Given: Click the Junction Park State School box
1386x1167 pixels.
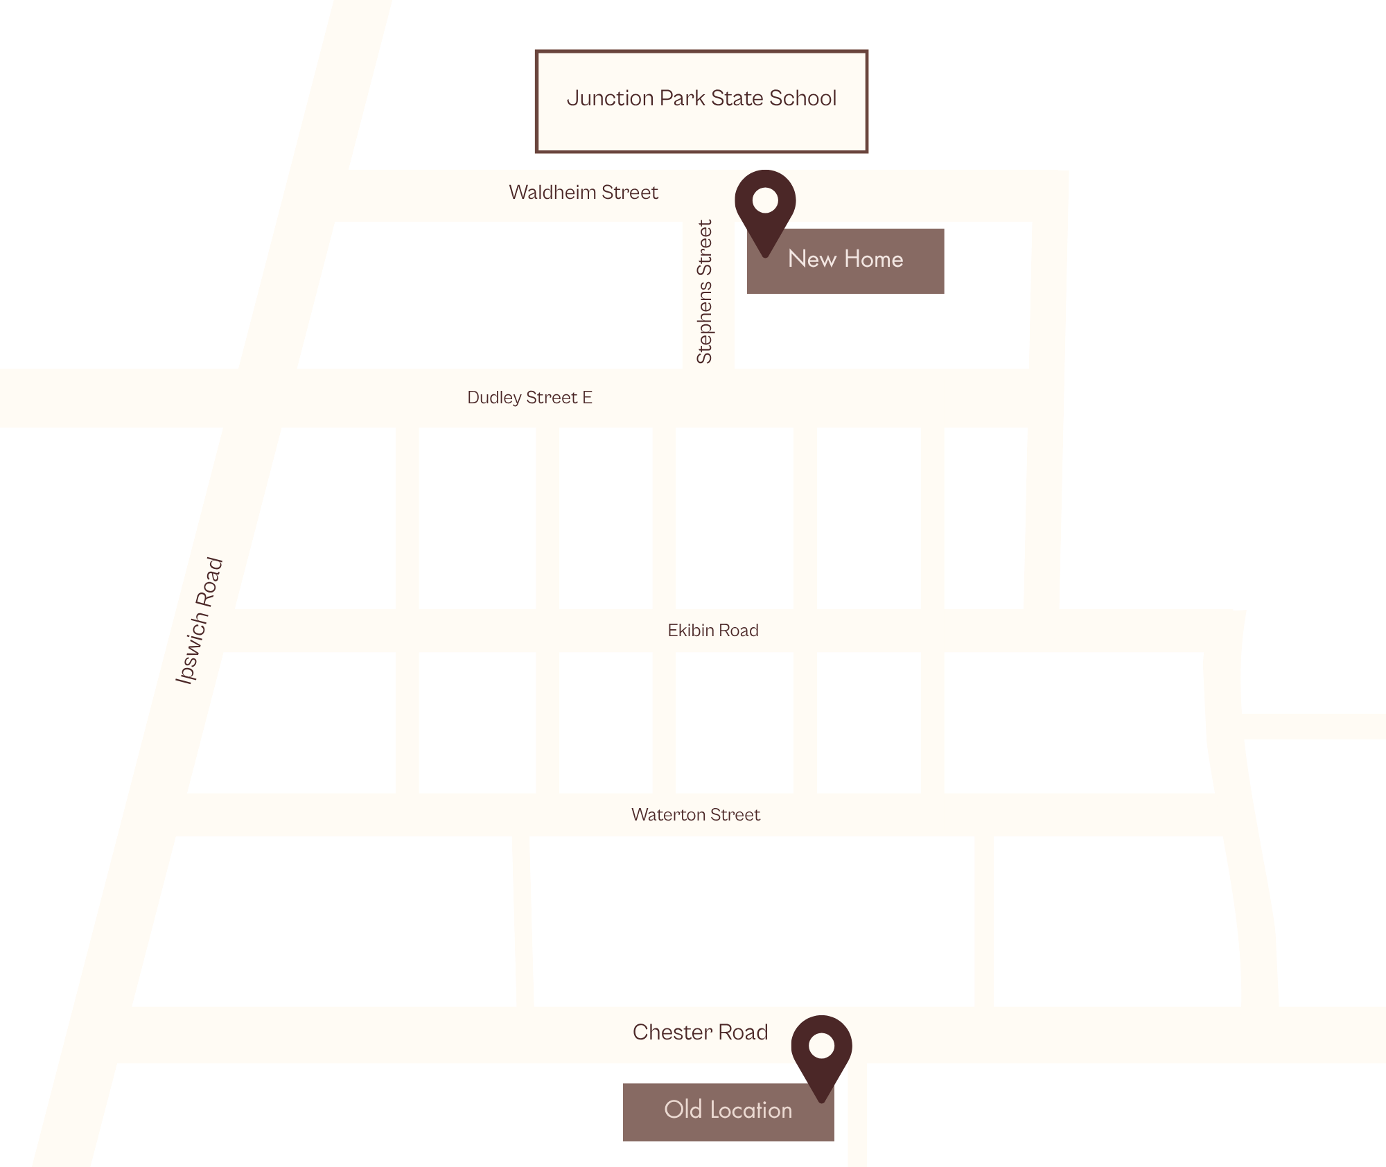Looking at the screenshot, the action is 701,101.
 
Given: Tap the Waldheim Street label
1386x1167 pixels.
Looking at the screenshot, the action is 584,193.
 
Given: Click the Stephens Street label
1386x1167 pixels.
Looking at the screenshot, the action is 705,292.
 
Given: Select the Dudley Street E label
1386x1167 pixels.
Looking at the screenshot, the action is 529,398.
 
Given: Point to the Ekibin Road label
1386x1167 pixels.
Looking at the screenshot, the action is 713,631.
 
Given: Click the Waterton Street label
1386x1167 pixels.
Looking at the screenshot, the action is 695,815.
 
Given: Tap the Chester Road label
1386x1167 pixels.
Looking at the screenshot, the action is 700,1033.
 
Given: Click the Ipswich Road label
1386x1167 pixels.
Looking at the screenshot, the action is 200,622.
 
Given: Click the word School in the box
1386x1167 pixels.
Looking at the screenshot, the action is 802,98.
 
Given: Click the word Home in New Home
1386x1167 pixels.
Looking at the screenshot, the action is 873,259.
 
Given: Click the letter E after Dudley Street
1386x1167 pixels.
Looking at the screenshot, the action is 587,398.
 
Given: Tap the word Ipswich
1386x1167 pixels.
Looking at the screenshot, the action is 191,651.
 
